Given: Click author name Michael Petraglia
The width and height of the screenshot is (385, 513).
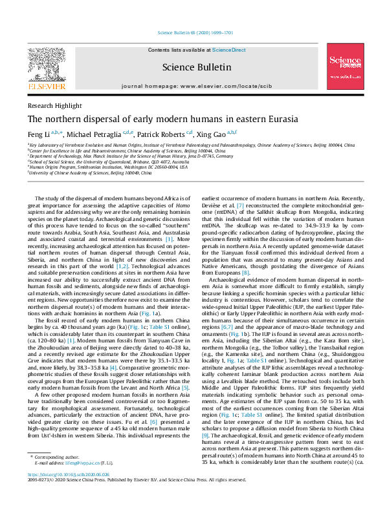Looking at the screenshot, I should click(91, 133).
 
